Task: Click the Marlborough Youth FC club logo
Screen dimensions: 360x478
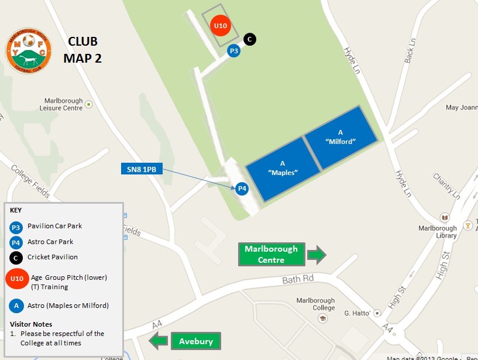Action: pyautogui.click(x=28, y=52)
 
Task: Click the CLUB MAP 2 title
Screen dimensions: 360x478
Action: pyautogui.click(x=82, y=50)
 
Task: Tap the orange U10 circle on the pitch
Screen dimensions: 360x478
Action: pyautogui.click(x=220, y=26)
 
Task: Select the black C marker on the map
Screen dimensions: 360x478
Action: pyautogui.click(x=249, y=39)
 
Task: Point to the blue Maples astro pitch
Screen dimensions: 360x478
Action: pyautogui.click(x=282, y=169)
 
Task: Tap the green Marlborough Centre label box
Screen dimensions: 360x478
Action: pyautogui.click(x=271, y=254)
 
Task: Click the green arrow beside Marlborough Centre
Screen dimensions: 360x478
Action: pyautogui.click(x=316, y=254)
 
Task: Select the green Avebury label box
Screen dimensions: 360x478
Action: pyautogui.click(x=196, y=341)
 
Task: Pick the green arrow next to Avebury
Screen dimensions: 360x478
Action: pyautogui.click(x=158, y=341)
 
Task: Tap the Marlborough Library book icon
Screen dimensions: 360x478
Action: pyautogui.click(x=445, y=218)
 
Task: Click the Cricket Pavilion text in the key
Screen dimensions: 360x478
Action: pyautogui.click(x=53, y=257)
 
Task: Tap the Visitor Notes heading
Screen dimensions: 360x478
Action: pyautogui.click(x=31, y=324)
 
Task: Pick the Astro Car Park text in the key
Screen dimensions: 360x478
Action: pyautogui.click(x=50, y=242)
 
